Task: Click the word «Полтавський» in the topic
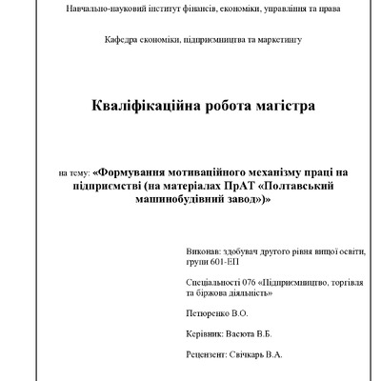[x=294, y=187]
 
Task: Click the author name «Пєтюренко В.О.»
[x=220, y=311]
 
